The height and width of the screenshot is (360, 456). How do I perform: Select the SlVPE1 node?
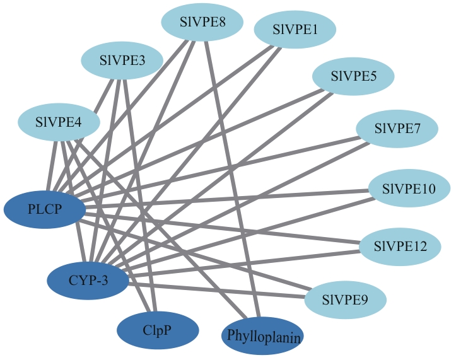(x=295, y=29)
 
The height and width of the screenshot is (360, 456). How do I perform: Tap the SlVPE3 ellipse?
(x=122, y=61)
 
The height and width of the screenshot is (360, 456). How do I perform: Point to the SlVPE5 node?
(x=354, y=77)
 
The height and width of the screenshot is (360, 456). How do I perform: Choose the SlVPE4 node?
(x=59, y=122)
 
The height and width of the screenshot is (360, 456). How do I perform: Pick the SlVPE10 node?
(x=409, y=188)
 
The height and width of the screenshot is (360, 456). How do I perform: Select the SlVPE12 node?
(x=400, y=245)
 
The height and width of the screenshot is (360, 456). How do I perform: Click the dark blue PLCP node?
(x=45, y=208)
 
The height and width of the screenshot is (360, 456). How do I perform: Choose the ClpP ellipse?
(x=158, y=330)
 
